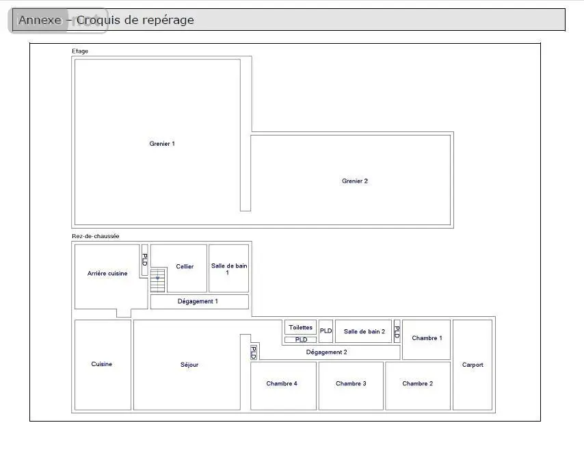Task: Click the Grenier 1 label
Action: tap(162, 144)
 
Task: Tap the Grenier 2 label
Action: tap(354, 181)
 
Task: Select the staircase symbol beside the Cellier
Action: tap(158, 279)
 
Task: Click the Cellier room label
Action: tap(185, 266)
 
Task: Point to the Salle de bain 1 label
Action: tap(229, 269)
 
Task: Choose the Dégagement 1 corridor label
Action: tap(198, 301)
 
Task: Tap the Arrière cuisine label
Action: tap(107, 273)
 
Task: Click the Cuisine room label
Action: tap(102, 364)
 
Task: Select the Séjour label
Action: tap(189, 365)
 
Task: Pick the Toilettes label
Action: tap(301, 327)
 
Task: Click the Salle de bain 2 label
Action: tap(364, 331)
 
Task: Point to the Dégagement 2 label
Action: tap(326, 352)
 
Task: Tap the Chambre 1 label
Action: tap(427, 337)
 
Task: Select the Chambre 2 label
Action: tap(418, 383)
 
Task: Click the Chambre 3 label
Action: tap(351, 383)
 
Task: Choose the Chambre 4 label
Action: tap(282, 383)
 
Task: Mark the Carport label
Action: tap(473, 365)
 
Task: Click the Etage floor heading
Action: tap(80, 51)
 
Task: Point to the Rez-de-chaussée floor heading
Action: tap(95, 236)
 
